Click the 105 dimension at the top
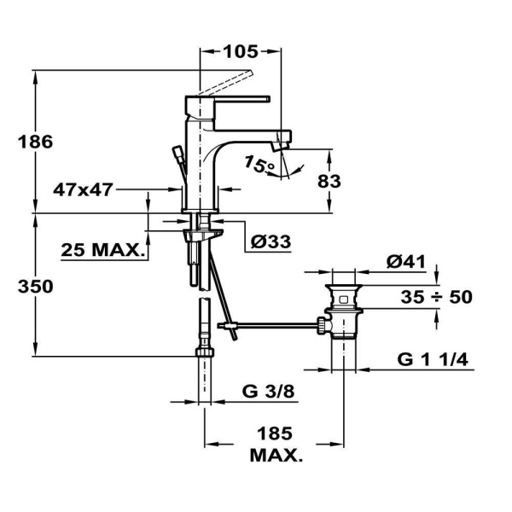coord(240,51)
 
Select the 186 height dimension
coord(36,142)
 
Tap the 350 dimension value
coord(36,287)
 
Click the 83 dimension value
coord(329,181)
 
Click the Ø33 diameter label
coord(271,242)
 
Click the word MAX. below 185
coord(276,457)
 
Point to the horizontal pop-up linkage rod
coord(273,324)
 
